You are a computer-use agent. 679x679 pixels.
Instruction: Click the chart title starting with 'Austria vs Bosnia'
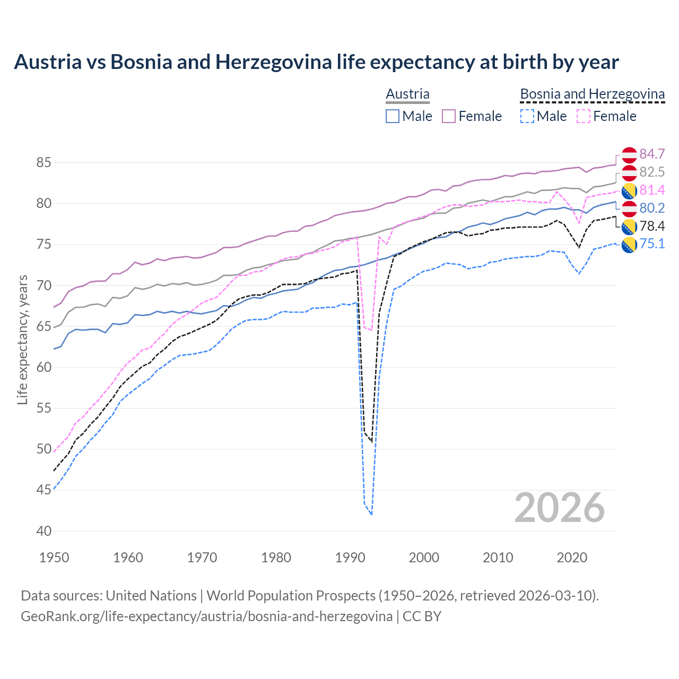pyautogui.click(x=316, y=62)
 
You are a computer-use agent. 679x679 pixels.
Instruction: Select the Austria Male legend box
pyautogui.click(x=393, y=116)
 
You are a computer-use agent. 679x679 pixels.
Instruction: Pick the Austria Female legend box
pyautogui.click(x=449, y=116)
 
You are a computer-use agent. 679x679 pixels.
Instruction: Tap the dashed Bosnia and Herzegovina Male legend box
pyautogui.click(x=527, y=116)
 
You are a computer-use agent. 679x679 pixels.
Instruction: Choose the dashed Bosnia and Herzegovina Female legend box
pyautogui.click(x=584, y=116)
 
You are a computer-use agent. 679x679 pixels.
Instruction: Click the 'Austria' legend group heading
pyautogui.click(x=407, y=94)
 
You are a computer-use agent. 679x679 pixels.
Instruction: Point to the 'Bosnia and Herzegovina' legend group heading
pyautogui.click(x=592, y=94)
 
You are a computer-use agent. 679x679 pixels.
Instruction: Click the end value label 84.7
pyautogui.click(x=652, y=154)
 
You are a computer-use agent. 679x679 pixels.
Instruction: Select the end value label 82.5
pyautogui.click(x=652, y=172)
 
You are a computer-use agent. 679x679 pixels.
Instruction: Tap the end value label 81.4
pyautogui.click(x=652, y=190)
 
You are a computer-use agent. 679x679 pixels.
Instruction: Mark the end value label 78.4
pyautogui.click(x=652, y=226)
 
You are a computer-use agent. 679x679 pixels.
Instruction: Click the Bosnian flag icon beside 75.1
pyautogui.click(x=629, y=244)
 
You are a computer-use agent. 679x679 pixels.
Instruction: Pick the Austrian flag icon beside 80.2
pyautogui.click(x=629, y=208)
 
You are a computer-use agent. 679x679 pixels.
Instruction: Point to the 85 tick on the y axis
pyautogui.click(x=43, y=162)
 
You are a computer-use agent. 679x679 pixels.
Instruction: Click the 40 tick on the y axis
pyautogui.click(x=43, y=531)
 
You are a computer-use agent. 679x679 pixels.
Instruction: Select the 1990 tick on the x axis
pyautogui.click(x=350, y=558)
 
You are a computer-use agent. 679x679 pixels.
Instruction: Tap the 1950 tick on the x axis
pyautogui.click(x=55, y=558)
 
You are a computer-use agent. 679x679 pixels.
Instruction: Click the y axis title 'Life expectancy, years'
pyautogui.click(x=22, y=340)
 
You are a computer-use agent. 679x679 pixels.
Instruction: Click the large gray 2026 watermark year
pyautogui.click(x=559, y=508)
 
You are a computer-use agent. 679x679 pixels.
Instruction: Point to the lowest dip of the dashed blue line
pyautogui.click(x=371, y=514)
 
